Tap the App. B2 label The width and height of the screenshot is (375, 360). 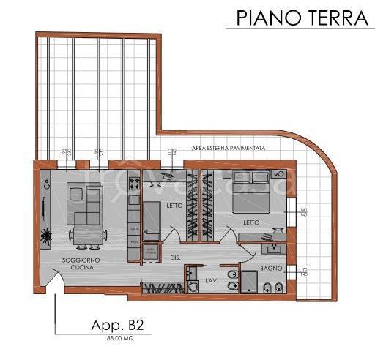click(x=111, y=326)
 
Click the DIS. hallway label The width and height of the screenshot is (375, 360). click(x=177, y=257)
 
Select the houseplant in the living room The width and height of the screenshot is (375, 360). click(x=46, y=236)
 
